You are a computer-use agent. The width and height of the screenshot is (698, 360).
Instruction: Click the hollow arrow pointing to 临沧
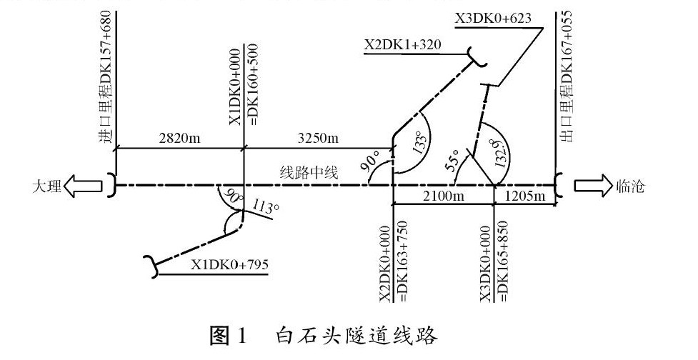589,186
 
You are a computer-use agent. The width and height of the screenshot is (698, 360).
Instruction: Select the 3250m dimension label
314,138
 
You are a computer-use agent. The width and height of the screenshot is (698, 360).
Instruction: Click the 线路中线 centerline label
308,171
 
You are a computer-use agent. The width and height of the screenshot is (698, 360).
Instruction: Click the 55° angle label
452,161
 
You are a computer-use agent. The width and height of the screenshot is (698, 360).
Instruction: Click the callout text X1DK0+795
229,265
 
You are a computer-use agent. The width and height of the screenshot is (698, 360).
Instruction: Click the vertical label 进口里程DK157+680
106,79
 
